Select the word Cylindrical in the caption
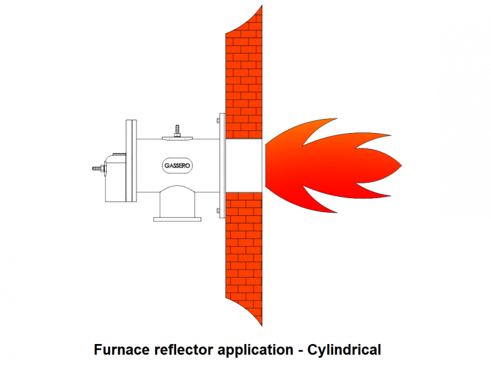(344, 350)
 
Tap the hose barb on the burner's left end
(97, 167)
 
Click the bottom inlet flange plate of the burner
(177, 218)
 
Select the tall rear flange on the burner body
(131, 161)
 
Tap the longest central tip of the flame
(400, 166)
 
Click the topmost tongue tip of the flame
(337, 118)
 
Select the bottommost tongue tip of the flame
(336, 212)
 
